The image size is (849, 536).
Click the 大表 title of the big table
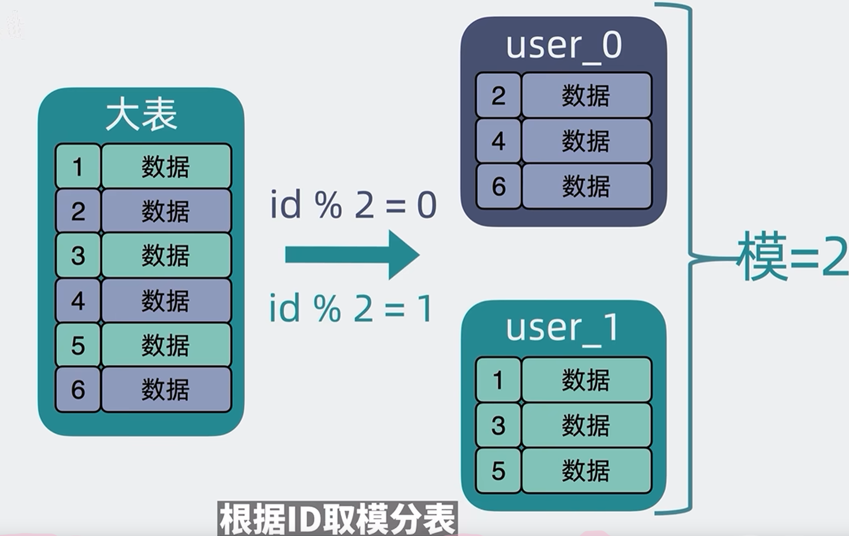(141, 115)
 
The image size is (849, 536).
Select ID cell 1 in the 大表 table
(78, 167)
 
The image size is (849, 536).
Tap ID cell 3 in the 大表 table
(78, 255)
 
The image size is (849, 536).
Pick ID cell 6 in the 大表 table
(78, 389)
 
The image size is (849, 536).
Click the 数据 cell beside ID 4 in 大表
(166, 300)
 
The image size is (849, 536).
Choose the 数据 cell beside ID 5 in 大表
(166, 345)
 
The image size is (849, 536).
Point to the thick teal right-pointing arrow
(352, 255)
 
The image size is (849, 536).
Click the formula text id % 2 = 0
(353, 205)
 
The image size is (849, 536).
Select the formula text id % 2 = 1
(351, 309)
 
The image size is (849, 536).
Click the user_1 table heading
(562, 328)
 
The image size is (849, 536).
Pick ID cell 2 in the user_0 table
(498, 95)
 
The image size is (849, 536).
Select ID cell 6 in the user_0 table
(498, 186)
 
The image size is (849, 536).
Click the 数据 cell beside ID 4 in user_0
(586, 141)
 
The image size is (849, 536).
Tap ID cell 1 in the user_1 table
(498, 380)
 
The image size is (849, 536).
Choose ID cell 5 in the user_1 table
(498, 471)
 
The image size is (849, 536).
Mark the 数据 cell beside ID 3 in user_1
(586, 425)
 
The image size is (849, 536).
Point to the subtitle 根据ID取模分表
(338, 519)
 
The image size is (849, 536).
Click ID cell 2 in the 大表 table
(78, 211)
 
